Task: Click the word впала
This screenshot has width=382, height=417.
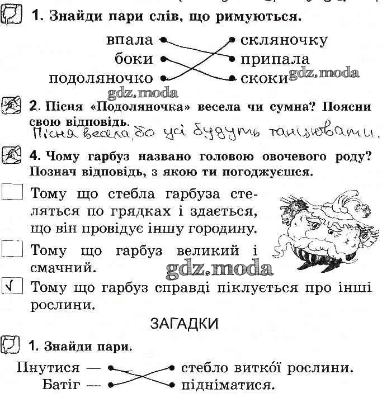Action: [x=130, y=40]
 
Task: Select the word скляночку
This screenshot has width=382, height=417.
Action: [x=284, y=41]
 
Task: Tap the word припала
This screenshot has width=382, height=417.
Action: [x=275, y=60]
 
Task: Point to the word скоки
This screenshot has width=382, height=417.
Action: [x=265, y=79]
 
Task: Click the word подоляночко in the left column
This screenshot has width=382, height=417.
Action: [x=101, y=79]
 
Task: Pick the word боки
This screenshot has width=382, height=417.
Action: [x=134, y=59]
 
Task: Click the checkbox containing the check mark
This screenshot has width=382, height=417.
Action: [x=12, y=285]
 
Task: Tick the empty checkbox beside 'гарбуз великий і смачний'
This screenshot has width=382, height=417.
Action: [x=12, y=249]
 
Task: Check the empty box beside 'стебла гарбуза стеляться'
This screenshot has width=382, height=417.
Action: [x=12, y=192]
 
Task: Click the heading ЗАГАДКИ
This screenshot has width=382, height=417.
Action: [x=184, y=324]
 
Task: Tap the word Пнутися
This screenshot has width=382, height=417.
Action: [x=48, y=368]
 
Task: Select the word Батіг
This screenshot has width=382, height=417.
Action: [x=61, y=385]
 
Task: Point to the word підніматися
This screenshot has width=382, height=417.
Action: [x=228, y=385]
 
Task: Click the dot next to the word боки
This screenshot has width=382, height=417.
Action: [x=163, y=59]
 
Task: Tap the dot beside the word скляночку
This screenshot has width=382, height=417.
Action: [x=232, y=40]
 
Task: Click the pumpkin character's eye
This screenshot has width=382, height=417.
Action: [x=331, y=232]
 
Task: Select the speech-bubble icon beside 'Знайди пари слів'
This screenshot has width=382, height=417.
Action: [x=11, y=15]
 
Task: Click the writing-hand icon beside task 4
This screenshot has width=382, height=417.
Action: [x=11, y=154]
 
